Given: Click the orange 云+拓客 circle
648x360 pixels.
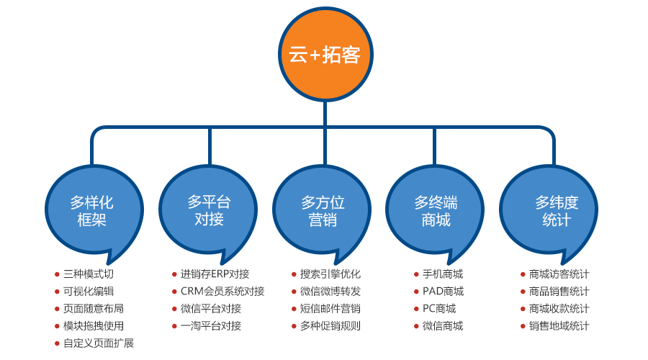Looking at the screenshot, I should [325, 55].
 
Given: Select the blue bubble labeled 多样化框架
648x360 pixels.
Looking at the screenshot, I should [92, 210].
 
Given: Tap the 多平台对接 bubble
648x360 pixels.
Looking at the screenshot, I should [209, 210].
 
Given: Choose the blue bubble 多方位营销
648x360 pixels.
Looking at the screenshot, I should [323, 210].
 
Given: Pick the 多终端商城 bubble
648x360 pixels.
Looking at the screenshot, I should [436, 210].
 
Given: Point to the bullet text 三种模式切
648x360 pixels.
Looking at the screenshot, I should [89, 274].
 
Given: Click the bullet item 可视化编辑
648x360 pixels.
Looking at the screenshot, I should [89, 292].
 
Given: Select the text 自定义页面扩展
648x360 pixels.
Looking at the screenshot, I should [99, 343].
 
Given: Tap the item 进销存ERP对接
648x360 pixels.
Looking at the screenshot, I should [215, 274].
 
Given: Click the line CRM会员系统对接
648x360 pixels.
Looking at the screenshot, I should [217, 292].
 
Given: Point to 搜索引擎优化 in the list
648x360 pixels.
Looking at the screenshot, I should [330, 274].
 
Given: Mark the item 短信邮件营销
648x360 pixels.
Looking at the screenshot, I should [330, 309].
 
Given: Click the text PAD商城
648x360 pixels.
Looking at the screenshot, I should [443, 292].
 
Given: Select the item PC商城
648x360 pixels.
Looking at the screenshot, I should [439, 309].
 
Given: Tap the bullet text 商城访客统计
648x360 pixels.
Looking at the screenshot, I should [559, 274].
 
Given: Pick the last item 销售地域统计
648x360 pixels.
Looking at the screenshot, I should [559, 326].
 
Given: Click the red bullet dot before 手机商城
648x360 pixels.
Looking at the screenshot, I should [417, 274].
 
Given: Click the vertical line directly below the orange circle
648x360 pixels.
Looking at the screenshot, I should [325, 114].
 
